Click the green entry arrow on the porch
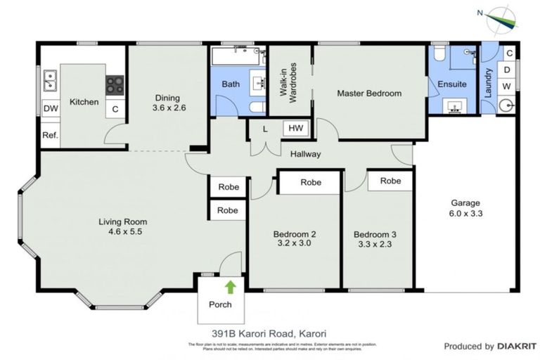229,286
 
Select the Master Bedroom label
368,94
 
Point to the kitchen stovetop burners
115,85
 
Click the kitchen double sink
50,82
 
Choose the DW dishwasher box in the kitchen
50,109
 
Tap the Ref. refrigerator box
50,135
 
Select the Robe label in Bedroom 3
390,181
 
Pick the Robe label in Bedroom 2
311,183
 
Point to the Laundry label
489,82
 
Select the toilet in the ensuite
439,53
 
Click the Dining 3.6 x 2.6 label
168,103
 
